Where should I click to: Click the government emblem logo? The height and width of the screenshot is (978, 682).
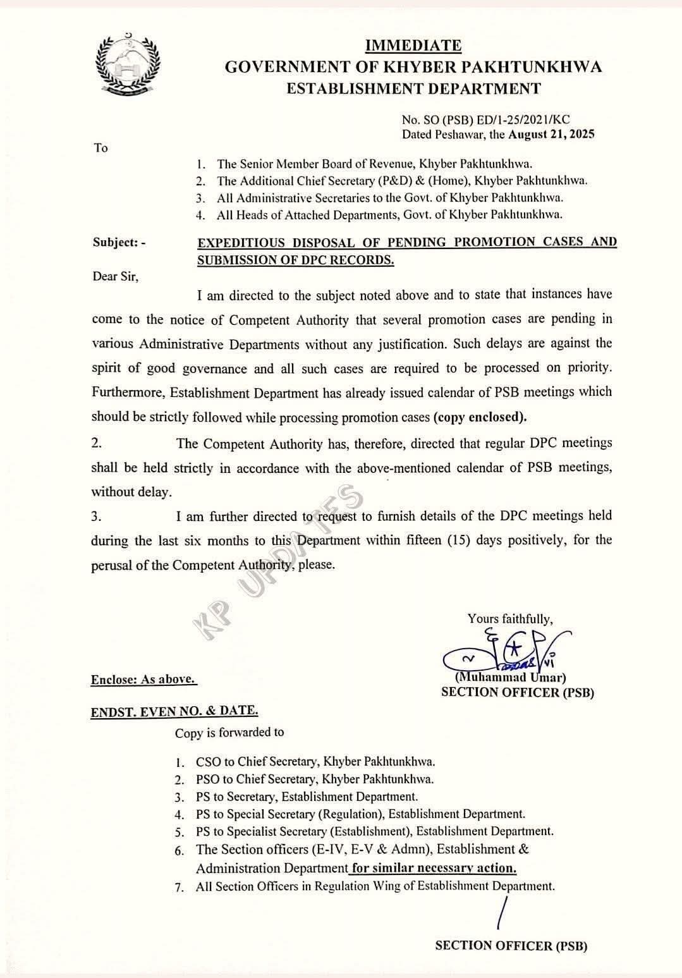coord(128,63)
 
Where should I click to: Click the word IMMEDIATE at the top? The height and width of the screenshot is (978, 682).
coord(413,46)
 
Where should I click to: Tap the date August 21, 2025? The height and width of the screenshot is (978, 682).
coord(551,134)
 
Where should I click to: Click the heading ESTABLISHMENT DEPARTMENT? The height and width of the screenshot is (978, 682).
coord(413,89)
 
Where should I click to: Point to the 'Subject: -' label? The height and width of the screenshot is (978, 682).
coord(119,242)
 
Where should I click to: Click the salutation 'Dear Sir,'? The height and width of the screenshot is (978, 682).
coord(114,276)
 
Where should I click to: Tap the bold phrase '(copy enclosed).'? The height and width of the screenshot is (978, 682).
coord(480,417)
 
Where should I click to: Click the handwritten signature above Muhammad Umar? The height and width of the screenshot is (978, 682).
coord(506,651)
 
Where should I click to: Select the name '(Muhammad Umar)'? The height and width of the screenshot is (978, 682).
coord(511,678)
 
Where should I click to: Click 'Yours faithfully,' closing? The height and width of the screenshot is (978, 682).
coord(510,619)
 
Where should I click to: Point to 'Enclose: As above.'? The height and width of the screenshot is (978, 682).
coord(143,679)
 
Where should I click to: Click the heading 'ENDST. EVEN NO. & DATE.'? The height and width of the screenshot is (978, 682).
coord(174,711)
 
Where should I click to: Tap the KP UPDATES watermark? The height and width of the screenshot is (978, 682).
coord(278,563)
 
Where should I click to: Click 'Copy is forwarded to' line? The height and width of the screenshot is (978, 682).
coord(229,732)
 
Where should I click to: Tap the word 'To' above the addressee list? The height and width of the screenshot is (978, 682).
coord(101,148)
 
